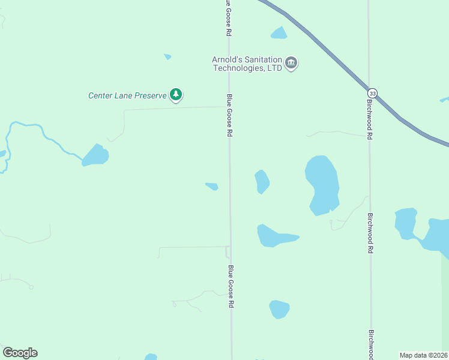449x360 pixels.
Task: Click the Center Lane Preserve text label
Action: tap(127, 95)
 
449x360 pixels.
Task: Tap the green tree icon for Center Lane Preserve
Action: tap(176, 95)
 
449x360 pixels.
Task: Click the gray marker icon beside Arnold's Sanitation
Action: tap(291, 63)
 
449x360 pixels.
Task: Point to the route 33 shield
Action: tap(373, 94)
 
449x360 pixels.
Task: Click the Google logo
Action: tap(20, 353)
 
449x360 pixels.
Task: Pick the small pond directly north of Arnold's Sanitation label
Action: tap(279, 33)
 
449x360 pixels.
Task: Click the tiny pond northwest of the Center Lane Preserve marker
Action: tap(167, 57)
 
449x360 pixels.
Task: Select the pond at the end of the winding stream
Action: tap(95, 155)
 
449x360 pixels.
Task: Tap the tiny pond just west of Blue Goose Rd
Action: tap(211, 186)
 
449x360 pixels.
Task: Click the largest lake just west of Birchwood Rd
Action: tap(322, 183)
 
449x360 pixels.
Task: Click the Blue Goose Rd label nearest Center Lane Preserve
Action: tap(229, 115)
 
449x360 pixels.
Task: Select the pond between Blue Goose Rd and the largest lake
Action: tap(262, 181)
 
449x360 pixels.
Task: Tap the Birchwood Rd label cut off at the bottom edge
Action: tap(371, 344)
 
